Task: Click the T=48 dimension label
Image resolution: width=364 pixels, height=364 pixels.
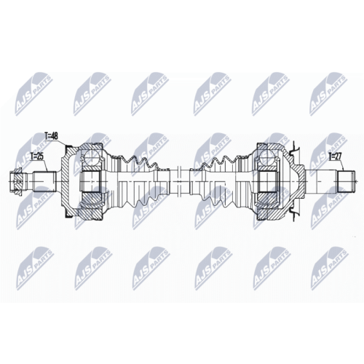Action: pos(52,136)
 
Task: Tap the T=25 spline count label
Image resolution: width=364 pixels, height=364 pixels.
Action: pos(37,157)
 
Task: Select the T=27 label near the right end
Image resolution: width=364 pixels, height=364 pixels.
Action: pos(335,157)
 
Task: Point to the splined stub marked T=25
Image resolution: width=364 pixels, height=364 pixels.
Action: pos(44,181)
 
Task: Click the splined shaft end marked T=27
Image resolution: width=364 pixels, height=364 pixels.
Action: pos(347,181)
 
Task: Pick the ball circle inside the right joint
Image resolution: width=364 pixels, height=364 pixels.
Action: pos(266,157)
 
